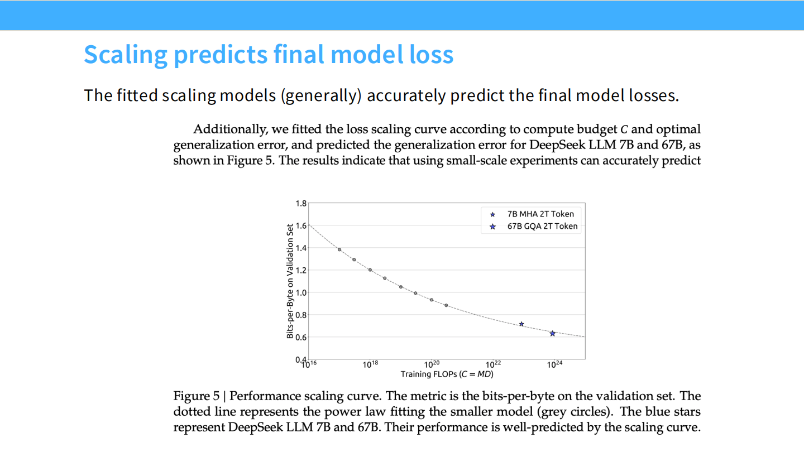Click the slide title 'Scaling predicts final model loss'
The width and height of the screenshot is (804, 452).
[x=269, y=55]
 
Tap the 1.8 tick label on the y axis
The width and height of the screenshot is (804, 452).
[x=300, y=203]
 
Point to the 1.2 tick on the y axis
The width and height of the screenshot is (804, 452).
[x=300, y=270]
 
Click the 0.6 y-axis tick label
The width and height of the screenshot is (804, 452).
[x=300, y=337]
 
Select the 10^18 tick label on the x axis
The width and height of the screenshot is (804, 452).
[x=371, y=364]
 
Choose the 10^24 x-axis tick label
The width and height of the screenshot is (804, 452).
[x=554, y=364]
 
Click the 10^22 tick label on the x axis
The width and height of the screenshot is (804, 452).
[x=493, y=364]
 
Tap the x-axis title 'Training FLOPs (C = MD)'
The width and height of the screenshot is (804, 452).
[x=447, y=374]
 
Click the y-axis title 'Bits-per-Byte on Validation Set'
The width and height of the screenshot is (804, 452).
[x=290, y=281]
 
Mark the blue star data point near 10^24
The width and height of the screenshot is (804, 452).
[x=552, y=334]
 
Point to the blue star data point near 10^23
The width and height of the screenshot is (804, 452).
[x=521, y=324]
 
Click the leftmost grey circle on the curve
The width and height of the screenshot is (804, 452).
[x=339, y=249]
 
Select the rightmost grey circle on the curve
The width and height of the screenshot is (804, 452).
[x=446, y=305]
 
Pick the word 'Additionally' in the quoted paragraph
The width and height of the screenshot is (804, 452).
[x=229, y=129]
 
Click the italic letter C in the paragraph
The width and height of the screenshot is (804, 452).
[x=624, y=129]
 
